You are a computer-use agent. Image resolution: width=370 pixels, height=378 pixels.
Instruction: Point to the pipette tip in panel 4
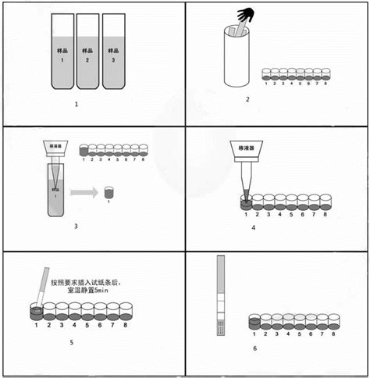(244, 191)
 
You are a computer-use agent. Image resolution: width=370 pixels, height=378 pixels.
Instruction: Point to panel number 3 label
(76, 227)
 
